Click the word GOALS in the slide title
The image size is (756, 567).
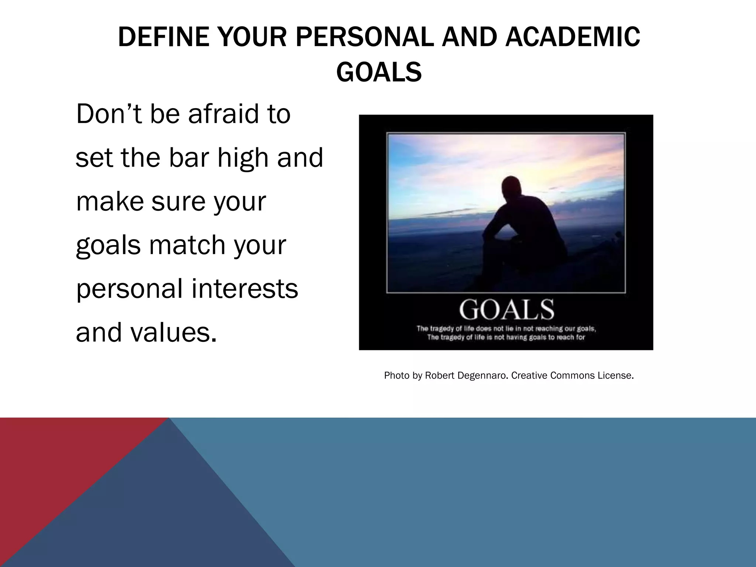point(379,72)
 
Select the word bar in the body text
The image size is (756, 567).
point(190,158)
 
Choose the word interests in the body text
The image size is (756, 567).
point(244,288)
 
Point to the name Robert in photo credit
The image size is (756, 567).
point(440,376)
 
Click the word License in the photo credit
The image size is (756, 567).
point(616,376)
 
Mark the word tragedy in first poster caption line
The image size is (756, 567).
point(442,329)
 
